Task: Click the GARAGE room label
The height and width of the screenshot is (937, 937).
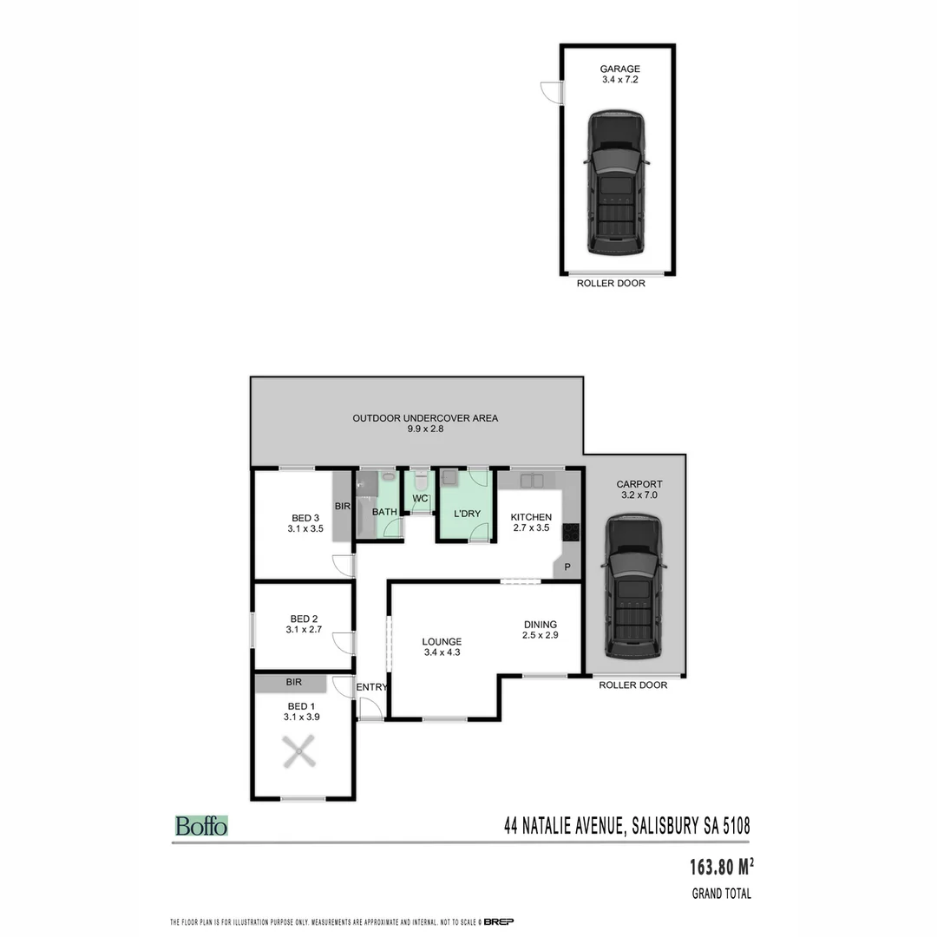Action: [619, 69]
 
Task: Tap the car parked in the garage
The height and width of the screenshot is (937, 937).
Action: [616, 183]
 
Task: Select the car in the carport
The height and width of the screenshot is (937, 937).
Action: [633, 587]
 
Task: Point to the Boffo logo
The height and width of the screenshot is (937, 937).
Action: [201, 826]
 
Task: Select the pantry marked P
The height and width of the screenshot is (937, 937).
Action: [567, 567]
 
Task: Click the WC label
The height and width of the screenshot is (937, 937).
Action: [420, 499]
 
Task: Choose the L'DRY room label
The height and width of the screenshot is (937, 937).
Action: [467, 514]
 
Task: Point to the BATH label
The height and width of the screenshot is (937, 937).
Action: [384, 512]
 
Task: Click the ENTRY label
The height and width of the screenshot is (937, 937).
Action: [371, 687]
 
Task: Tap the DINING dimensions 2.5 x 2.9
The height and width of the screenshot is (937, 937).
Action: [541, 636]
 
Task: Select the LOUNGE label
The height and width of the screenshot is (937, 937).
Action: [442, 642]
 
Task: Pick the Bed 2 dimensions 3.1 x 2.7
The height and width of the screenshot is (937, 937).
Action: [304, 631]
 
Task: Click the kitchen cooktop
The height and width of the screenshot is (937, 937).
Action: [571, 533]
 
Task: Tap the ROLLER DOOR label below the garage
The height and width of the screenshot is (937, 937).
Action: [611, 283]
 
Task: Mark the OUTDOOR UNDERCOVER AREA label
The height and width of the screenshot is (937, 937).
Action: [425, 418]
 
